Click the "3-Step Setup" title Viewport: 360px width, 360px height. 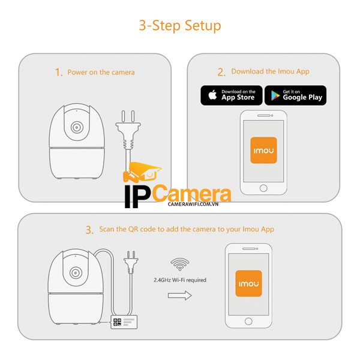[x=180, y=25]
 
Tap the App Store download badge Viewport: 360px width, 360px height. [x=232, y=95]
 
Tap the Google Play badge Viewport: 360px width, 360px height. [x=295, y=95]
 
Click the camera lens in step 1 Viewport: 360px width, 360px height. [x=77, y=127]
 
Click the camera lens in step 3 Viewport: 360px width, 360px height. [x=76, y=273]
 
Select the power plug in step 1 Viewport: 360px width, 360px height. [x=128, y=133]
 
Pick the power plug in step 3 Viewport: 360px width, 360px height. [x=131, y=262]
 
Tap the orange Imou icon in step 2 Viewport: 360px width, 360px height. [x=263, y=151]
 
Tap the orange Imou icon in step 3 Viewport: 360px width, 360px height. [x=248, y=284]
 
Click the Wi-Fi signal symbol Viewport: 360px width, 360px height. [x=180, y=264]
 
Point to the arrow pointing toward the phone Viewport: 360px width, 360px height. [x=180, y=295]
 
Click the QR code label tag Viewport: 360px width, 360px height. [x=124, y=322]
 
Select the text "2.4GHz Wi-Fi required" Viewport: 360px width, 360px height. [x=180, y=280]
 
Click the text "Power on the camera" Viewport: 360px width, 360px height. [x=101, y=73]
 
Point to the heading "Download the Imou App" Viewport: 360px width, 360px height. [x=270, y=71]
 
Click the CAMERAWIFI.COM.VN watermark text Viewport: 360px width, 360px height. [x=193, y=204]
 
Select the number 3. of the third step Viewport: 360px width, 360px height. [x=89, y=230]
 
